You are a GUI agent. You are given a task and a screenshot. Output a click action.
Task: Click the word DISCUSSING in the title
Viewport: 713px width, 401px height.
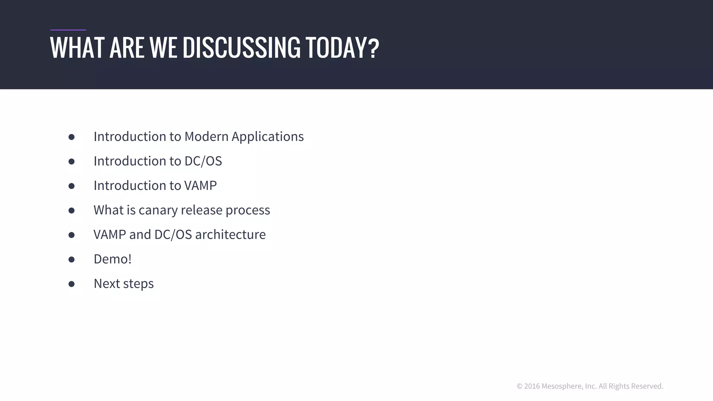click(x=241, y=48)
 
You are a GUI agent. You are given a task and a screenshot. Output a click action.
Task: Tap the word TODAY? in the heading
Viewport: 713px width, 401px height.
click(x=342, y=48)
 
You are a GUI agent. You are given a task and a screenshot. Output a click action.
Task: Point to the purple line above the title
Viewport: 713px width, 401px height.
click(x=68, y=30)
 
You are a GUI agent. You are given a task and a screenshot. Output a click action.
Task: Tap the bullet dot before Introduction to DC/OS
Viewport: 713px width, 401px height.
click(x=71, y=162)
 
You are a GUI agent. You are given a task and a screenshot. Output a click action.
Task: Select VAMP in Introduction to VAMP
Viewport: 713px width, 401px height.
click(x=200, y=186)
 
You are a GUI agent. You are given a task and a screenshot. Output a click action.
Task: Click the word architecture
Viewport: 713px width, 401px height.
click(x=230, y=235)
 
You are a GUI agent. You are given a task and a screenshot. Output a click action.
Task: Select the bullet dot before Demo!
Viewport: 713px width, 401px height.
click(x=71, y=259)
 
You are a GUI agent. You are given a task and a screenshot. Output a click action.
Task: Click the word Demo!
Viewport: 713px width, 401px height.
click(x=112, y=259)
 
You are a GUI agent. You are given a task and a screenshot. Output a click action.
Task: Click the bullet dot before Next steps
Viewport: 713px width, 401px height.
click(x=71, y=284)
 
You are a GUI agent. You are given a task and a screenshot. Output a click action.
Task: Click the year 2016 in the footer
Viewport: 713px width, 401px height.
click(x=532, y=386)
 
